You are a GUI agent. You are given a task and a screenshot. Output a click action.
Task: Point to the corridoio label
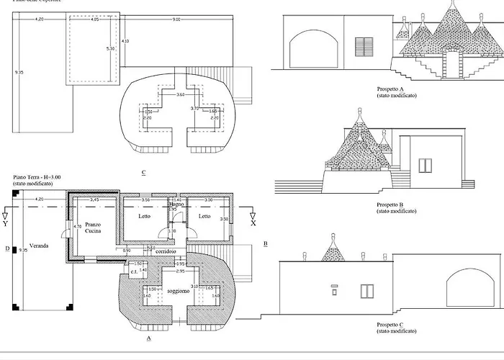pyautogui.click(x=164, y=254)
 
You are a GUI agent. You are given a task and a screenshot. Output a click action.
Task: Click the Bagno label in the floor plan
pyautogui.click(x=178, y=204)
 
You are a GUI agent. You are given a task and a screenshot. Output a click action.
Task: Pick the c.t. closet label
pyautogui.click(x=134, y=272)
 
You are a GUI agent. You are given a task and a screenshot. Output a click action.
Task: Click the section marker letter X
pyautogui.click(x=252, y=223)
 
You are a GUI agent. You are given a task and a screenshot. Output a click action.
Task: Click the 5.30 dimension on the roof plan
pyautogui.click(x=110, y=48)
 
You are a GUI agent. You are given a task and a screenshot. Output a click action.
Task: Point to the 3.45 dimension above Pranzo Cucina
pyautogui.click(x=94, y=199)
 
